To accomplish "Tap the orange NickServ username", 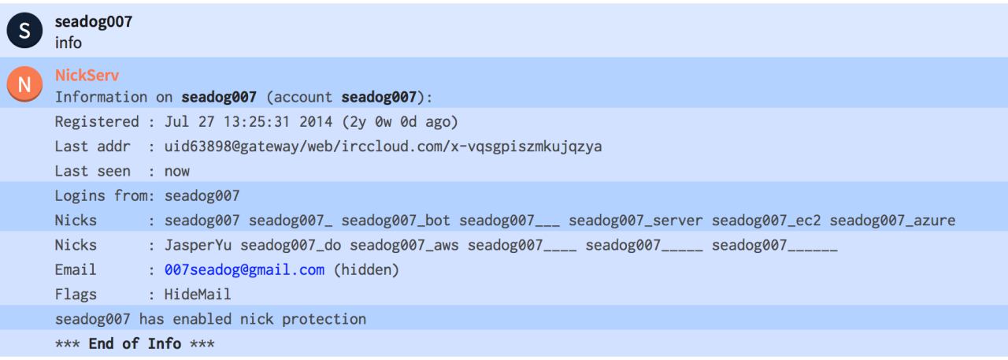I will pyautogui.click(x=87, y=76).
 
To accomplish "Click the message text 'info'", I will pyautogui.click(x=68, y=43).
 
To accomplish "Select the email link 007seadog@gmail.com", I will pyautogui.click(x=244, y=270).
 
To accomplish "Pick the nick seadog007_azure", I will pyautogui.click(x=892, y=221).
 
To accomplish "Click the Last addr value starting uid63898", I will pyautogui.click(x=383, y=147).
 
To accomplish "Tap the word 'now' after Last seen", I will pyautogui.click(x=177, y=172).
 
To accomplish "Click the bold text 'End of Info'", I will pyautogui.click(x=135, y=344).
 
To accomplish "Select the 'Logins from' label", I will pyautogui.click(x=105, y=196).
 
